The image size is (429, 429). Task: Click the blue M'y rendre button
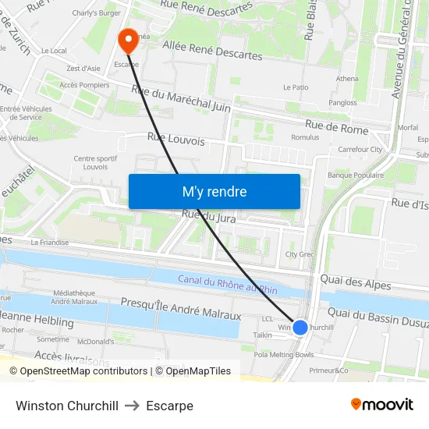point(214,192)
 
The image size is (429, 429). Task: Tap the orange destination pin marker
point(128,39)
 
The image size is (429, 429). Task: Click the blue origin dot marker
point(300,328)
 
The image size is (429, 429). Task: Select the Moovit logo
point(381,405)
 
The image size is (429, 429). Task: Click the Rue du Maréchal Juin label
point(182,99)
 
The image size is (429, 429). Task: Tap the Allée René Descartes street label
point(213,50)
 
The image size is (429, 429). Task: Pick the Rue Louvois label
point(175,140)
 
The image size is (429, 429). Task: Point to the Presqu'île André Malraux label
point(180,309)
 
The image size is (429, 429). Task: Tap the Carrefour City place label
point(360,149)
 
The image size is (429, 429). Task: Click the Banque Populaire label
point(355,175)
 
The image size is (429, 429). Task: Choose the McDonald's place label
point(96,341)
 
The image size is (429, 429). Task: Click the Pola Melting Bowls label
point(283,354)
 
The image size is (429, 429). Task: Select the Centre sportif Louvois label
point(90,162)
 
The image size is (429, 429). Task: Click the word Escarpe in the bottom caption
point(169,406)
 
